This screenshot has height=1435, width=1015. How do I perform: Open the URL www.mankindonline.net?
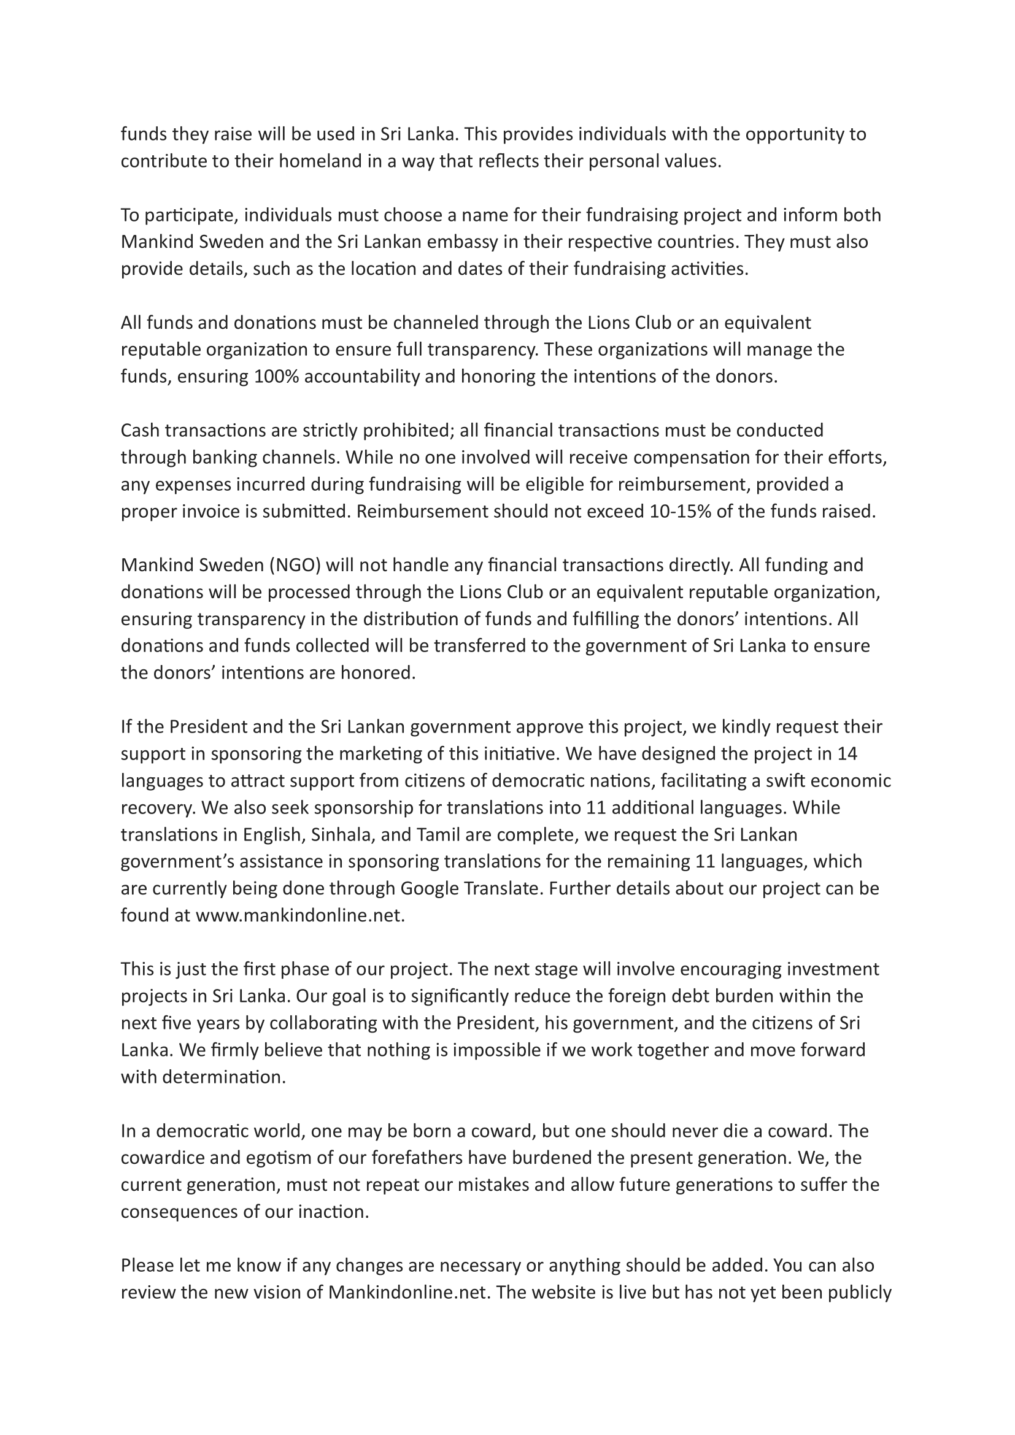click(x=300, y=915)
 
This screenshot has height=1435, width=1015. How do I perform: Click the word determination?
click(x=223, y=1077)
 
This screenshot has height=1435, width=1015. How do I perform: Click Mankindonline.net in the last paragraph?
click(x=407, y=1293)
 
